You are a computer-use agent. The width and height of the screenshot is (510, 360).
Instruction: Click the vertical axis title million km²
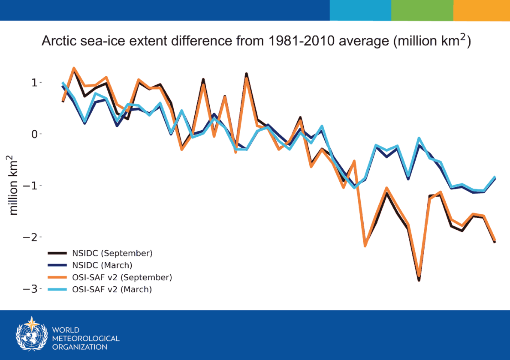(14, 185)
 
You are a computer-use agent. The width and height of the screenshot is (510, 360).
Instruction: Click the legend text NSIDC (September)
(112, 253)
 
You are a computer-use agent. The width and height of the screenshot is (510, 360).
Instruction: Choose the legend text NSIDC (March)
(102, 265)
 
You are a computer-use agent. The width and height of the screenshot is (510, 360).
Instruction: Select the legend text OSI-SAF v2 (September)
(122, 277)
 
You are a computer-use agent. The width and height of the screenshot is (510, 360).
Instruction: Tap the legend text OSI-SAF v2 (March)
(112, 289)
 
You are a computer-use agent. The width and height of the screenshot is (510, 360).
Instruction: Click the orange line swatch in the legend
(57, 277)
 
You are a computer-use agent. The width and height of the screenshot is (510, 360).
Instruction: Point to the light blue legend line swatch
(57, 289)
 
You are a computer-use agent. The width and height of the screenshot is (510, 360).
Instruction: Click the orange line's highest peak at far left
(74, 68)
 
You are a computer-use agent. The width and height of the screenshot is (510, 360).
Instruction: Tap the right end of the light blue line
(495, 177)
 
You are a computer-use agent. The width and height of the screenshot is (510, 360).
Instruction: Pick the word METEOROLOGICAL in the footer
(86, 339)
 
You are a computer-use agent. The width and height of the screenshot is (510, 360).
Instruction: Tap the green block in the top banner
(422, 10)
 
